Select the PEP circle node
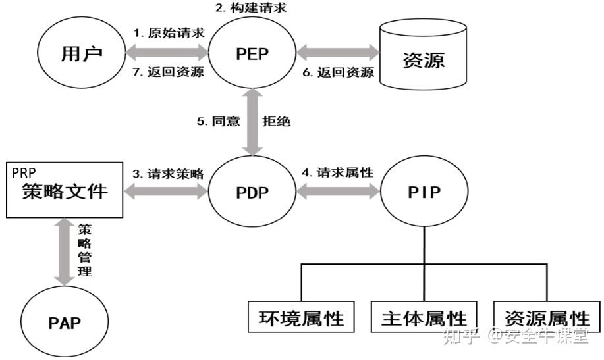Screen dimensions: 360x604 tap(252, 54)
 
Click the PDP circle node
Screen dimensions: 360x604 tap(252, 193)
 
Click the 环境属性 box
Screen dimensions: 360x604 tap(301, 318)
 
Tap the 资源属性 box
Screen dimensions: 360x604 tap(547, 318)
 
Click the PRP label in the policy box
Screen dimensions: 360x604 tap(24, 172)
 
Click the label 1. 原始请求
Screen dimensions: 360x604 tap(168, 34)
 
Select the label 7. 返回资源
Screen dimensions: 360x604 tap(168, 72)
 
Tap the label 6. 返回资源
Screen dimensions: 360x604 tap(339, 72)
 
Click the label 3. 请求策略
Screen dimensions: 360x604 tap(168, 174)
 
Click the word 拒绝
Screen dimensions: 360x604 tap(277, 122)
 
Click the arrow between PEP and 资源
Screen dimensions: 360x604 tap(338, 52)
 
